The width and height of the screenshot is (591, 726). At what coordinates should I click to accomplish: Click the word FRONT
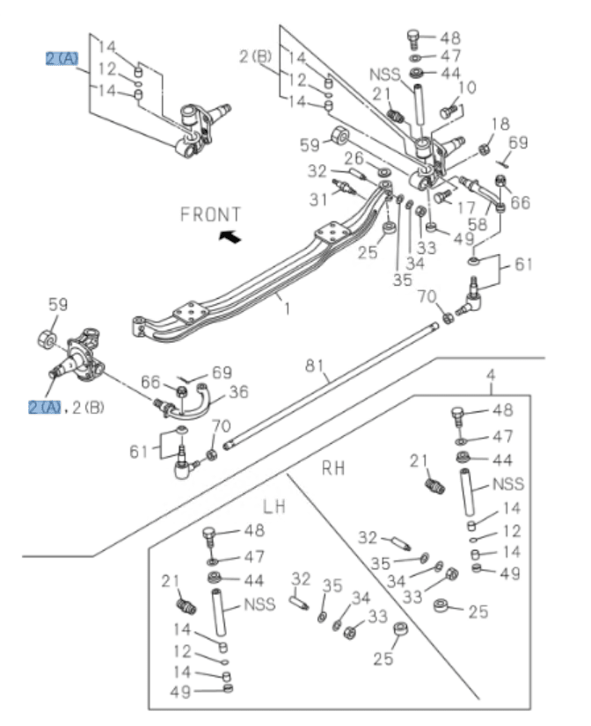tap(210, 214)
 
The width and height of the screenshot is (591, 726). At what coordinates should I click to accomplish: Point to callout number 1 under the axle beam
tap(286, 309)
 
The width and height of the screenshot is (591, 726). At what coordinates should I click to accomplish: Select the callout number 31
tap(317, 201)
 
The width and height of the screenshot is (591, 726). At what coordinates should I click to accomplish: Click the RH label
tap(332, 468)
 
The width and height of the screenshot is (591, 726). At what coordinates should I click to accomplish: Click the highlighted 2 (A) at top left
tap(62, 59)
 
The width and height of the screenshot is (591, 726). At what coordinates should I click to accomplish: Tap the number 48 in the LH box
tap(253, 531)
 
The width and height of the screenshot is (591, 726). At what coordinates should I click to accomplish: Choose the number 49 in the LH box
tap(181, 692)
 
